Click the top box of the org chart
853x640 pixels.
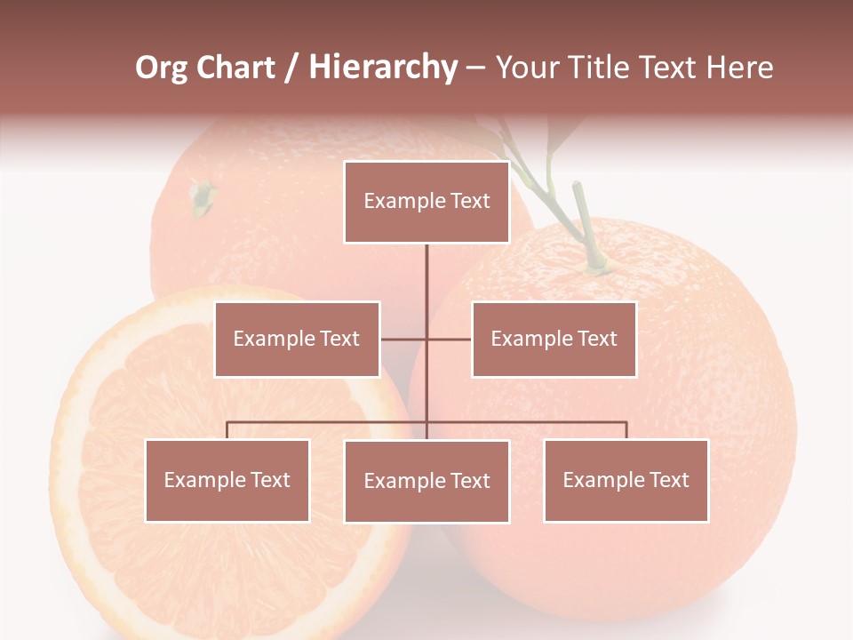426,202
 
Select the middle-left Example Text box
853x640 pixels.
297,339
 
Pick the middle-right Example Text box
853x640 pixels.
554,339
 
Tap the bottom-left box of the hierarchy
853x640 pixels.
227,480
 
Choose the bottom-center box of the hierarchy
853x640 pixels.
426,481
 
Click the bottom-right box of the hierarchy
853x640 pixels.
626,480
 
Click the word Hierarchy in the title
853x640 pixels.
383,68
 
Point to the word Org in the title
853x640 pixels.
162,68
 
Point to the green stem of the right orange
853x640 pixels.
587,222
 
